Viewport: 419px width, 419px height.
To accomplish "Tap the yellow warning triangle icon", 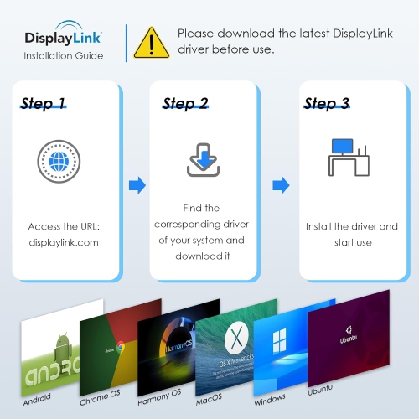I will click(x=152, y=42).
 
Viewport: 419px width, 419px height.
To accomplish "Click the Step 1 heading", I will click(x=43, y=104).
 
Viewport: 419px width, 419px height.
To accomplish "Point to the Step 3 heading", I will click(x=326, y=104).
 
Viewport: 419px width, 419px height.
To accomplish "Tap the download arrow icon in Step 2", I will click(x=202, y=160).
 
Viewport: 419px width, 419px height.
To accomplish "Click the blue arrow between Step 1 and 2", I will click(x=137, y=184).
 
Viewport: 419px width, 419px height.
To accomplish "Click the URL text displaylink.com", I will click(x=64, y=241).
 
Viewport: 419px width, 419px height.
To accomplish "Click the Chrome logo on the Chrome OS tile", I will click(x=121, y=345).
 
